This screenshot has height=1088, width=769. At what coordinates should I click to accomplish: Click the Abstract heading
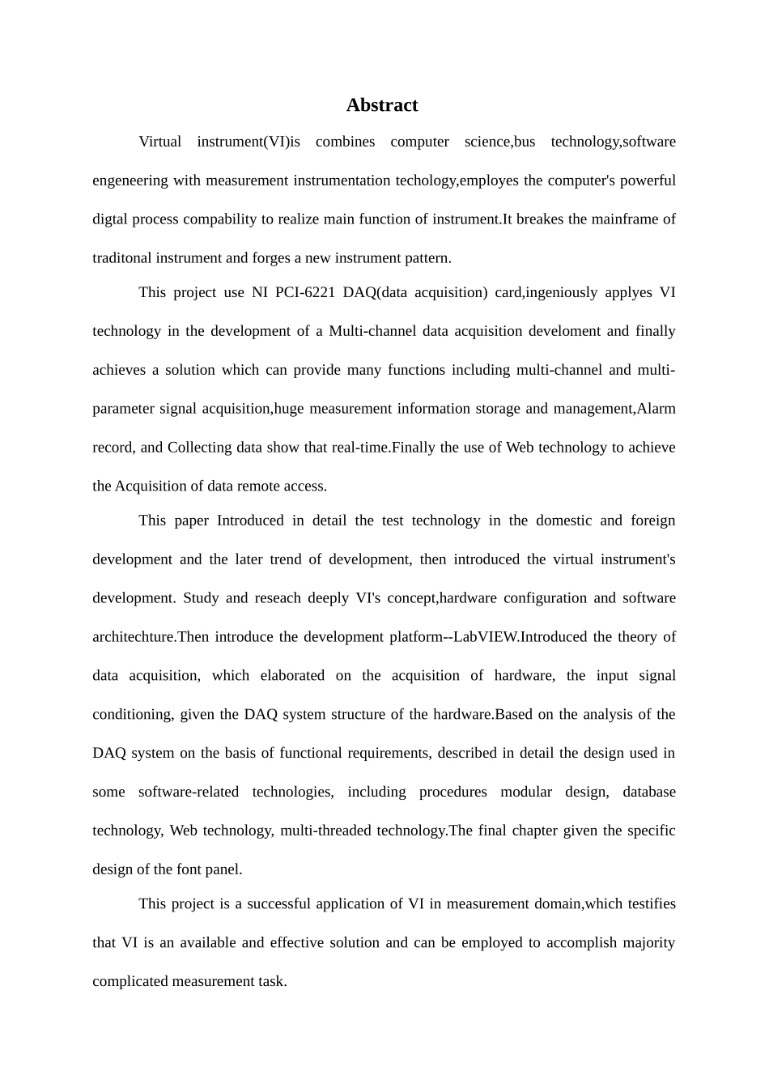click(382, 105)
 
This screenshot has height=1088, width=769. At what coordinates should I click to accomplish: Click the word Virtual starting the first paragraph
click(159, 142)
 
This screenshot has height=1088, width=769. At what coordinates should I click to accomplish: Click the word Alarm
click(656, 409)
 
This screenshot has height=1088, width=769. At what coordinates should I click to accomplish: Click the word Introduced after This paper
click(250, 521)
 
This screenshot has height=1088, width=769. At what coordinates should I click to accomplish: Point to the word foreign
click(652, 521)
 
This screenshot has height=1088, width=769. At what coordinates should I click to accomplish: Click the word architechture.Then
click(151, 637)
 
